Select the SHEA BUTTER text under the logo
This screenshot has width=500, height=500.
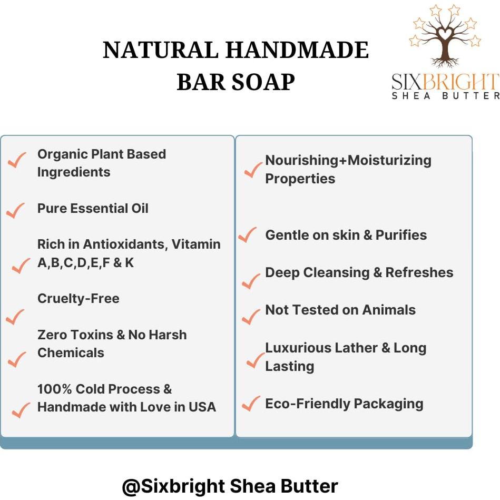point(445,96)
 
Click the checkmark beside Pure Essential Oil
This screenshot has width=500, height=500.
point(16,211)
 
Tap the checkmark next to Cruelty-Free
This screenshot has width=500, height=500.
point(15,317)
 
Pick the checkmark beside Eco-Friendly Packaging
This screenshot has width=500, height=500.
point(251,404)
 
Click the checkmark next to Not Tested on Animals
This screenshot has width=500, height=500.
point(251,316)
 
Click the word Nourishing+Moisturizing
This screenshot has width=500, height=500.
point(348,160)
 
